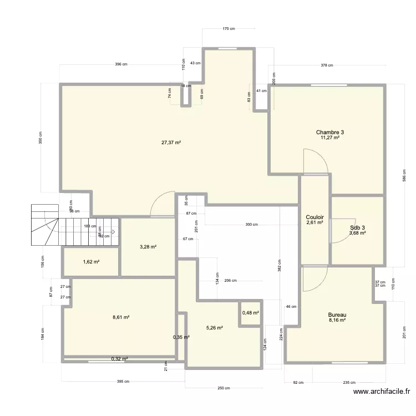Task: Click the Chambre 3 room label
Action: (330, 132)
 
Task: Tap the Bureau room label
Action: (337, 314)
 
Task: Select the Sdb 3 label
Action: (358, 227)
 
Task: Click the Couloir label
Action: (314, 217)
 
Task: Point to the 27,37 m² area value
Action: (171, 143)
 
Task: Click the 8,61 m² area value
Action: (120, 317)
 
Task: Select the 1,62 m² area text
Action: (91, 262)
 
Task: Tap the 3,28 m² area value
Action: (148, 246)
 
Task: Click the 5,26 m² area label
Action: (214, 328)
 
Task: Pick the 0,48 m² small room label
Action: (251, 313)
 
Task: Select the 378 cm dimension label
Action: (327, 65)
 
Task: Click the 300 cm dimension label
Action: (252, 225)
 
